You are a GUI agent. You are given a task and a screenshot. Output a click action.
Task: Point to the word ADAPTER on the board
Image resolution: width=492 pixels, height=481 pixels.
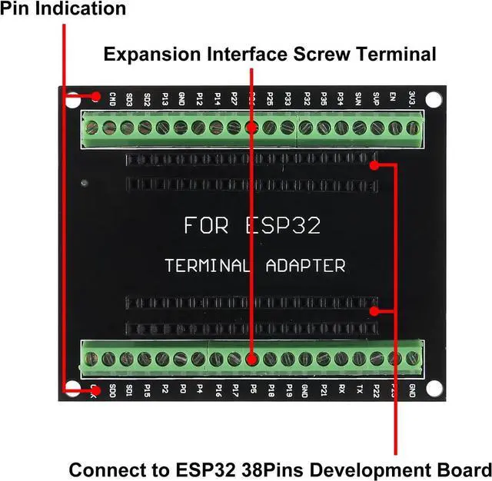click(x=305, y=266)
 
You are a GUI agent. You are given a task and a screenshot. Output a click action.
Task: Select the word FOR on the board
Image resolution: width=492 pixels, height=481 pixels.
click(x=206, y=226)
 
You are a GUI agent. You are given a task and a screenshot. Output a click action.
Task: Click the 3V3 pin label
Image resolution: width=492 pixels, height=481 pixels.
click(x=414, y=98)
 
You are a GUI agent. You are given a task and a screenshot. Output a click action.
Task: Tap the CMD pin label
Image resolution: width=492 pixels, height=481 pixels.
click(x=112, y=98)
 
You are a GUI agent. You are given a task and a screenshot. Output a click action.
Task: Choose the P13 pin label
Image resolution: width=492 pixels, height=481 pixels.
click(x=165, y=98)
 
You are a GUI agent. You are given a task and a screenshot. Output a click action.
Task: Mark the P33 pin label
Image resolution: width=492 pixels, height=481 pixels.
click(x=288, y=98)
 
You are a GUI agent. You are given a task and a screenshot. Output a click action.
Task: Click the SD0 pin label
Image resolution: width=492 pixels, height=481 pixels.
click(x=113, y=390)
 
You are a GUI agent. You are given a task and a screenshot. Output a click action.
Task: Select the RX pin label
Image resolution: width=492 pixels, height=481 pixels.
click(x=341, y=390)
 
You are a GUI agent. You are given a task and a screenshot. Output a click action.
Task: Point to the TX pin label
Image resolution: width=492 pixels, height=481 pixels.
click(x=359, y=390)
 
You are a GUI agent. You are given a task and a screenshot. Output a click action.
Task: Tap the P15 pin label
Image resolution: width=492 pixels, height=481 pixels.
click(x=147, y=390)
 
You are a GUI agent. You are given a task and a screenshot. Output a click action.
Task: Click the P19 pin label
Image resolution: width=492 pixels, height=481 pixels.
click(x=289, y=390)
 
